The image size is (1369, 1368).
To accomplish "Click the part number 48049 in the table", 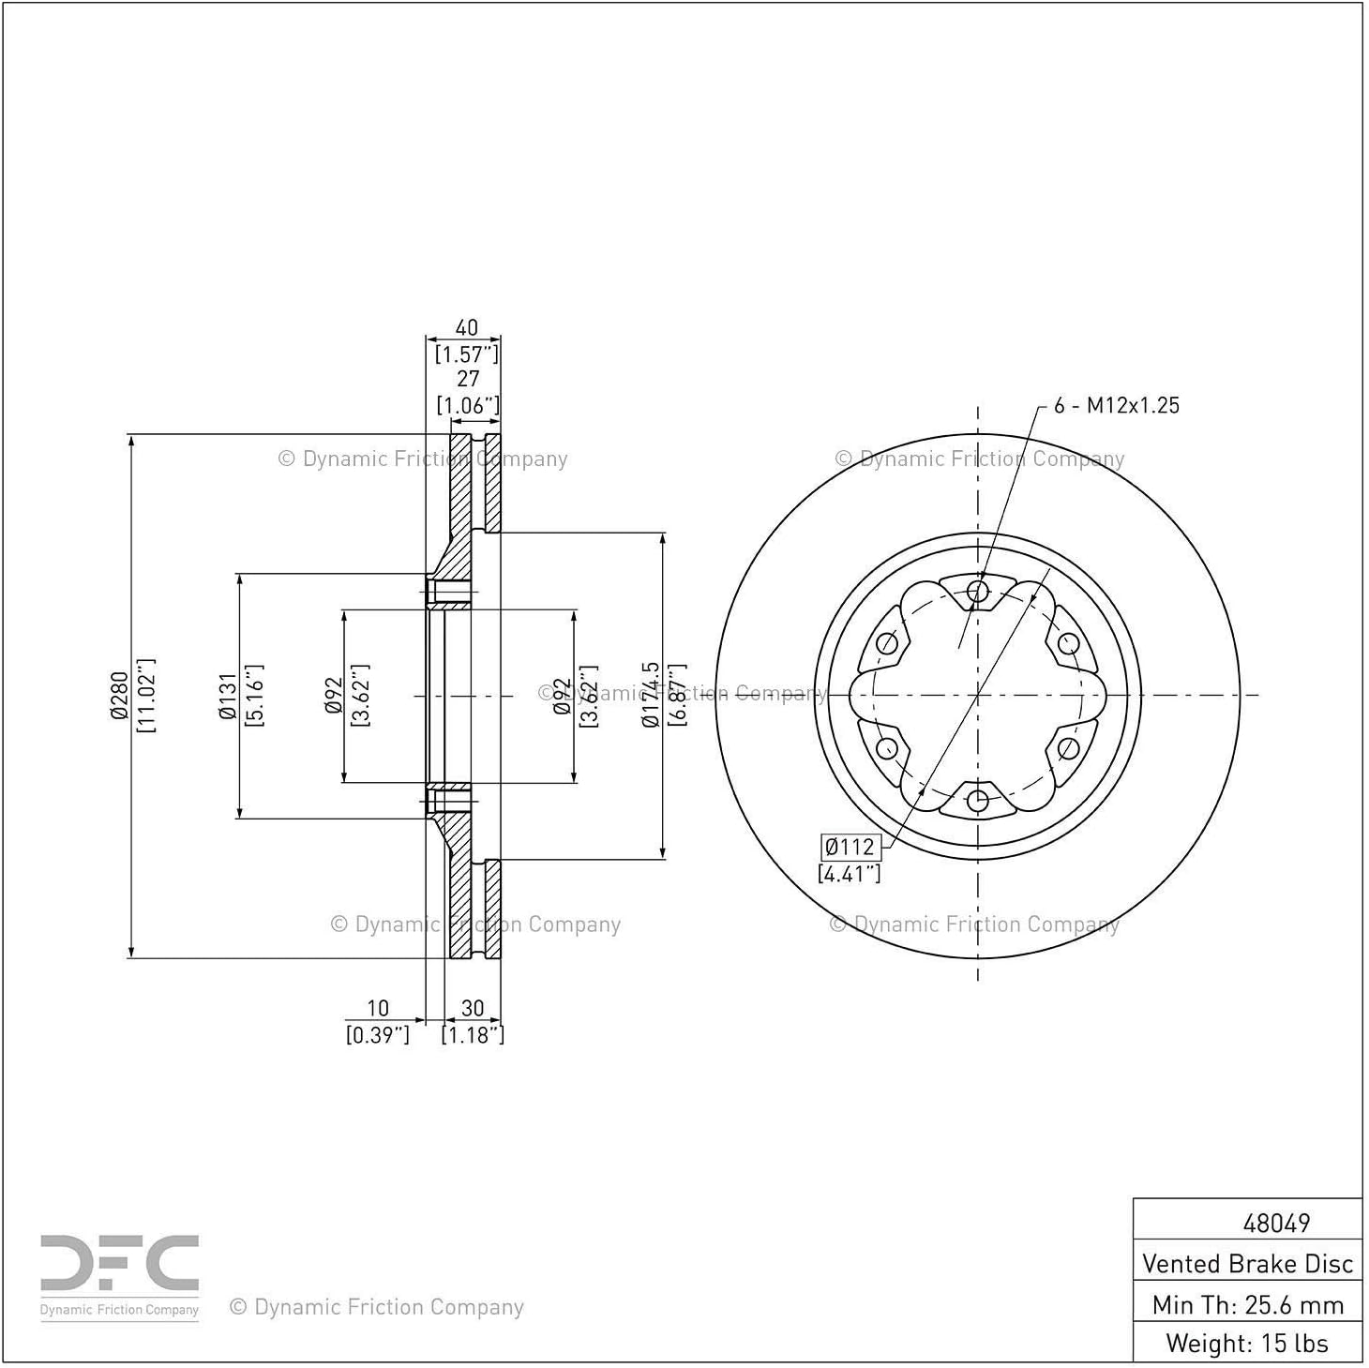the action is coord(1276,1223).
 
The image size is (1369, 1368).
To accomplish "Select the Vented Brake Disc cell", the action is coord(1247,1263).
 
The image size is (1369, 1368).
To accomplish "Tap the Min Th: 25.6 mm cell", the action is coord(1247,1304).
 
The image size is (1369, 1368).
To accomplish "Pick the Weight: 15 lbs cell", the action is coord(1247,1343).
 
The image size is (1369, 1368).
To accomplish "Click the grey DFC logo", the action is coord(119,1272).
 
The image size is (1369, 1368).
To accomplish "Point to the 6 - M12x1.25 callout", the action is coord(1116,405).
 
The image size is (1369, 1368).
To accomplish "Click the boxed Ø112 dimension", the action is coord(850,847).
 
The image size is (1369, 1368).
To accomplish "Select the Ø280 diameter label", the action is coord(119,696).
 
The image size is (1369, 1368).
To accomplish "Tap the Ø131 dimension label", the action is coord(227,696).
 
